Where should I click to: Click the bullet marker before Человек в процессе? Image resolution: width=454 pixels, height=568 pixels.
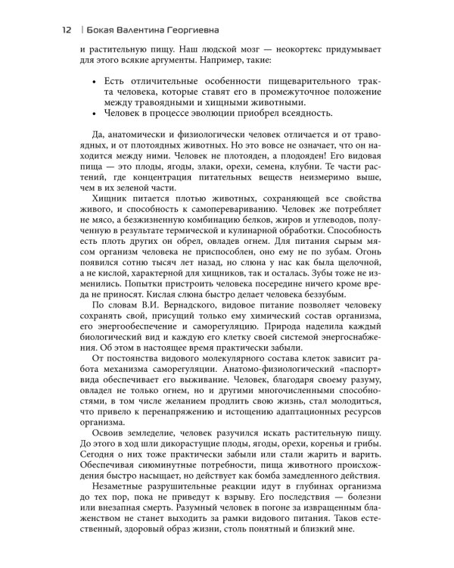click(x=92, y=114)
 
